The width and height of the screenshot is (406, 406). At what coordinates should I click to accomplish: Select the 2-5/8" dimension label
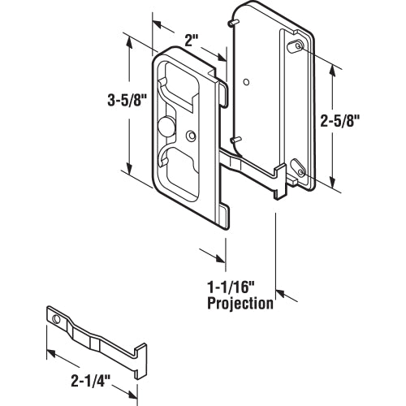coord(363,121)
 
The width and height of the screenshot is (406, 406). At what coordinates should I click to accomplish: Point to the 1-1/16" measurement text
coord(231,287)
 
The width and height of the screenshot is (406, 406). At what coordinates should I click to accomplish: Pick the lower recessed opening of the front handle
coord(180,166)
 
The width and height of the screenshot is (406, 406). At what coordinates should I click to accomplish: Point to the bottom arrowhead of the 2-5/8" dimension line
coord(332,184)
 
